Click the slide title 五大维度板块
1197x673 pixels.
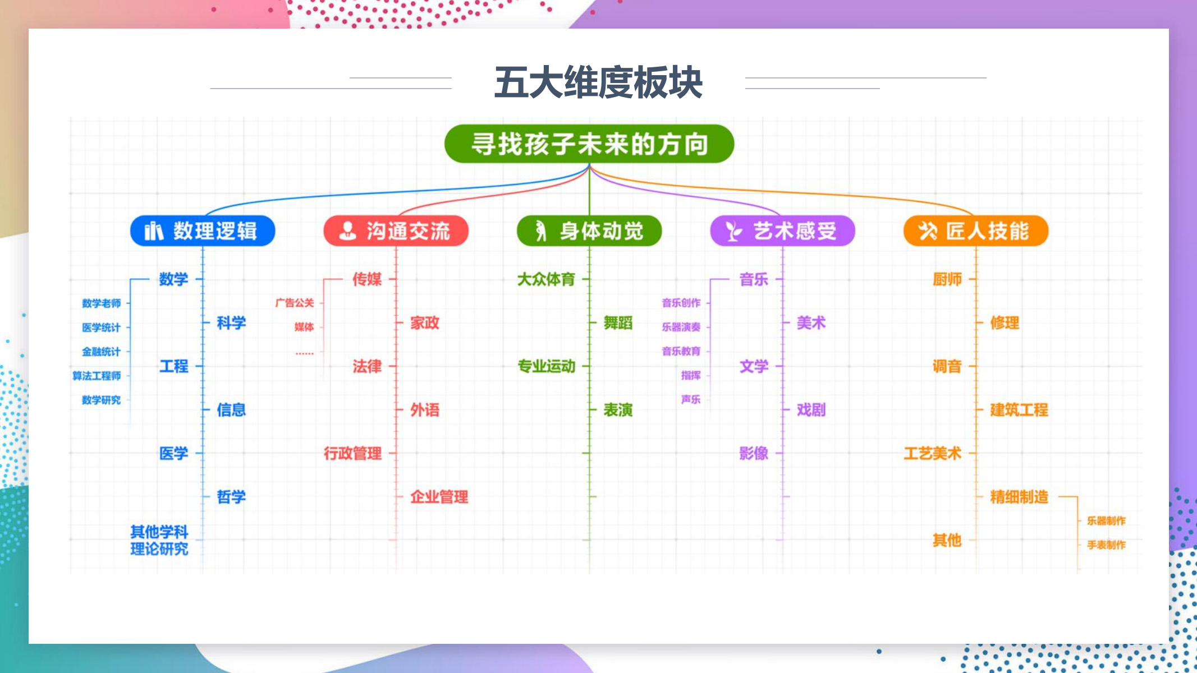point(598,82)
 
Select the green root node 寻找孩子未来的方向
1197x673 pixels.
point(589,144)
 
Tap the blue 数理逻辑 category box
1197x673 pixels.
point(203,231)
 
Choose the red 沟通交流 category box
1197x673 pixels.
point(396,231)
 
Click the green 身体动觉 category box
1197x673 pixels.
point(589,231)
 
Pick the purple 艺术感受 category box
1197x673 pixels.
point(783,231)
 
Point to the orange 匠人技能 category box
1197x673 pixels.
point(976,231)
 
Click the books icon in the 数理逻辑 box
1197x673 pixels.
point(154,231)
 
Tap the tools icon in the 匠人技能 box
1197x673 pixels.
point(928,231)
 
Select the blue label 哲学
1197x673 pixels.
point(231,497)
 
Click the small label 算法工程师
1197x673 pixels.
point(97,376)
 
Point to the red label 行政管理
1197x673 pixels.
point(353,453)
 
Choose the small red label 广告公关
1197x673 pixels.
point(295,303)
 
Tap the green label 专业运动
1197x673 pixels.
point(547,366)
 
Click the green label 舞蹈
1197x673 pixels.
point(618,323)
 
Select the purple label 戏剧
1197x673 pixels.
point(811,410)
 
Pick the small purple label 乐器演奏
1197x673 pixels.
point(681,327)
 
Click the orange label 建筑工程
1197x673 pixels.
point(1019,410)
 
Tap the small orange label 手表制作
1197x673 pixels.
point(1107,545)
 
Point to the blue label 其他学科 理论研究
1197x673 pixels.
point(159,540)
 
